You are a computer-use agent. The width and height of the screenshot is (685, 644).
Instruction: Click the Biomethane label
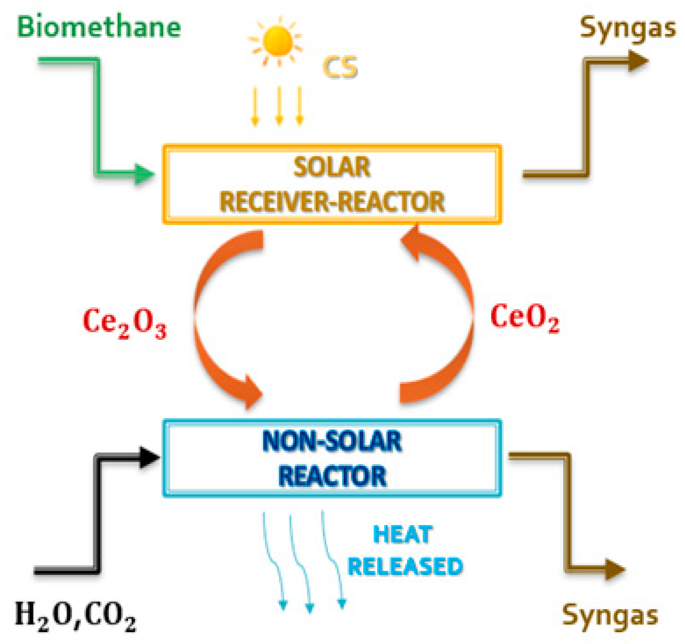click(x=99, y=27)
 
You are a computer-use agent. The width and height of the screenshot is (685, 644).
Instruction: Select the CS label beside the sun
click(x=340, y=67)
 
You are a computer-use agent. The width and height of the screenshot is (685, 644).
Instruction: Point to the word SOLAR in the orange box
click(x=332, y=168)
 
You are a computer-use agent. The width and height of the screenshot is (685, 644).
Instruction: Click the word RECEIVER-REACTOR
click(x=332, y=202)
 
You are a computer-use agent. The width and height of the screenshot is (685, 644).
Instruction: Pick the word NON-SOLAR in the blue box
click(x=332, y=442)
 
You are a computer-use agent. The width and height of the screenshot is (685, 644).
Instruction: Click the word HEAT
click(x=402, y=535)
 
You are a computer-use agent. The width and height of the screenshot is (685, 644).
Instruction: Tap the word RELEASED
click(x=405, y=567)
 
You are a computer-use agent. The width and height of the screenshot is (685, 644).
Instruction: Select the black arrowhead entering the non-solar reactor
click(x=150, y=458)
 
